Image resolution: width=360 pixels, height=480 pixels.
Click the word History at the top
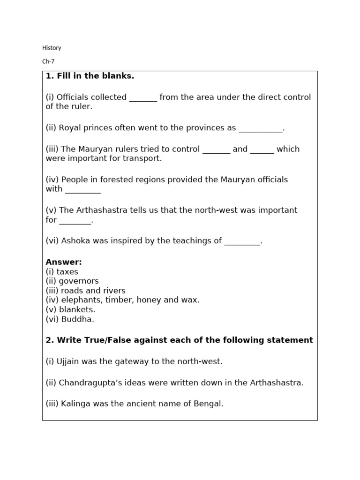(x=52, y=48)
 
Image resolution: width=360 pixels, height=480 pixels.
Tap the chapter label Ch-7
(x=48, y=61)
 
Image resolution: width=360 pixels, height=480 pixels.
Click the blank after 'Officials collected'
(x=143, y=98)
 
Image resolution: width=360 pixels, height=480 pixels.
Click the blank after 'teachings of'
(x=242, y=241)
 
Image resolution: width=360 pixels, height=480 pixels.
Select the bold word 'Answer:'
(x=64, y=262)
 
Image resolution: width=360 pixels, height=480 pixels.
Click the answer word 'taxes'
(x=67, y=272)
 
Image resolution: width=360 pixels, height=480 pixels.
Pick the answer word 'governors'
(x=79, y=281)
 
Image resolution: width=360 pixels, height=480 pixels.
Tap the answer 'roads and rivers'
(x=93, y=291)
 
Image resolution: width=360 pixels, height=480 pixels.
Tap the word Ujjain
(x=68, y=361)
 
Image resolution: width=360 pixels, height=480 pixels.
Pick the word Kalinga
(x=75, y=404)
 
